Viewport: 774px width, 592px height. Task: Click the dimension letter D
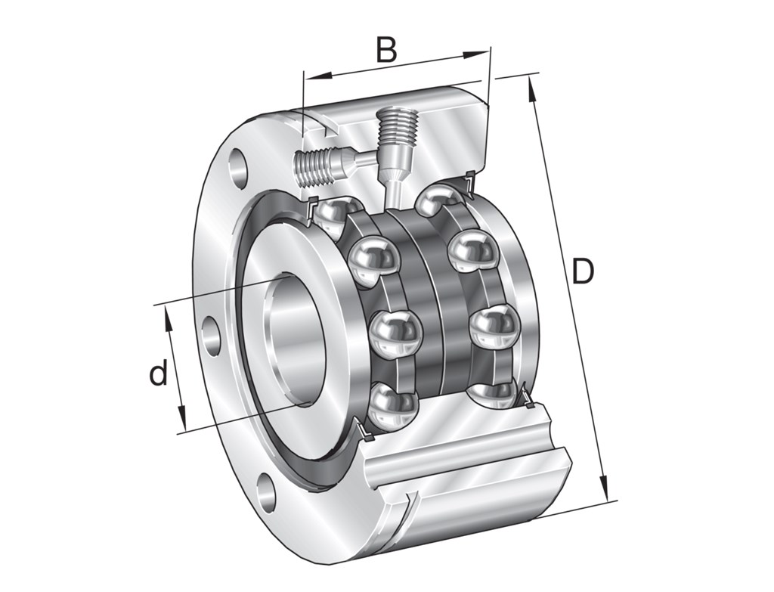click(582, 272)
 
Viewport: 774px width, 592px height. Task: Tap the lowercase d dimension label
click(157, 373)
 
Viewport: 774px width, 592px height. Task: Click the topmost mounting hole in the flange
click(240, 165)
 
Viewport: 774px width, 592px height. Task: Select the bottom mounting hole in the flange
click(266, 494)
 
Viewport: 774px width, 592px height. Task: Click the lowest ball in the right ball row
click(495, 394)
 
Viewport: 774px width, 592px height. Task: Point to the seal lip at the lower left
click(362, 432)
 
